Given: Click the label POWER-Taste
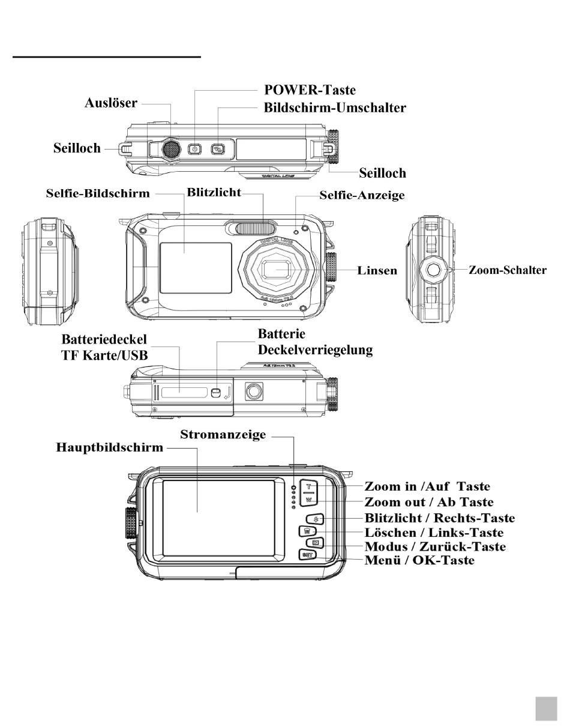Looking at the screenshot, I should (310, 90).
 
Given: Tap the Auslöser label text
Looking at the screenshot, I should (110, 103).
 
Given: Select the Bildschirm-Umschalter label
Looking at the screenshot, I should (335, 108).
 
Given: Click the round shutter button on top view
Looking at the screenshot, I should (171, 148).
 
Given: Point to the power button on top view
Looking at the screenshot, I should (194, 149).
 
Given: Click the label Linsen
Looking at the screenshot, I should (377, 270).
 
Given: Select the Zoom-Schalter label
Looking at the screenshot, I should (508, 270).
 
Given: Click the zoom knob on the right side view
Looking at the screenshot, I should (432, 270).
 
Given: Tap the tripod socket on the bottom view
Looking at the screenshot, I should (254, 392).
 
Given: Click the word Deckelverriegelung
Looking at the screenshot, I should (315, 350).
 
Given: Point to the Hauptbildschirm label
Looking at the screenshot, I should (110, 447).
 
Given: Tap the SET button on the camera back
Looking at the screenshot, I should (307, 555).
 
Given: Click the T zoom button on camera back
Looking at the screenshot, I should (308, 486).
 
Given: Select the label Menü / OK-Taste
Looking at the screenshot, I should (419, 560).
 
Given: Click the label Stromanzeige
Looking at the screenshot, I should (223, 435).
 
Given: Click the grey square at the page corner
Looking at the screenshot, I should (546, 709).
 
